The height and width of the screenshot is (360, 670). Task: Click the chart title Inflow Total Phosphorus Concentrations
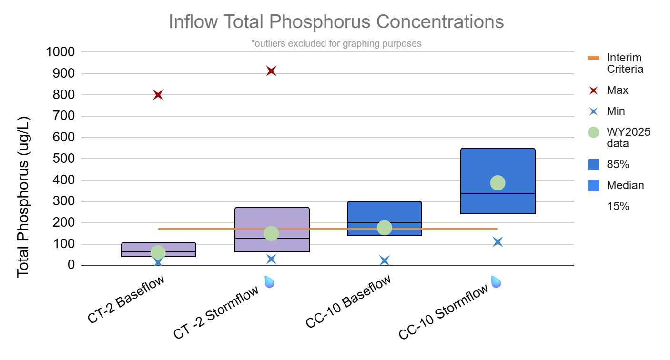[336, 22]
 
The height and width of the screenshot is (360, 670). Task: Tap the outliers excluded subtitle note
[336, 43]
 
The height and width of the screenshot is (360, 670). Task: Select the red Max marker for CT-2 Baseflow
[158, 95]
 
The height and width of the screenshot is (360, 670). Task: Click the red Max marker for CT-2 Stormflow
[272, 71]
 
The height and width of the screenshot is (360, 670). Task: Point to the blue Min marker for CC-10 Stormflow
[498, 242]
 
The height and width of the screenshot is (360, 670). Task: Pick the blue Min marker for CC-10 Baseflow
[385, 260]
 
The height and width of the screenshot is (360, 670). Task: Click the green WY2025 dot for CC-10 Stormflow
[497, 182]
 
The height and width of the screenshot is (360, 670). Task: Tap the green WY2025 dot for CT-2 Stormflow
[271, 233]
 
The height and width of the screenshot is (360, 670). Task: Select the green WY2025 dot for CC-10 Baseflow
[385, 228]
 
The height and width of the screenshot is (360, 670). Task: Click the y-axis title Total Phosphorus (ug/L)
[23, 196]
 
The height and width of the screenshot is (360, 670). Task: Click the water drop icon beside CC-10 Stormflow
[496, 282]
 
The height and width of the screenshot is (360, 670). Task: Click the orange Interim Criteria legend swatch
[593, 58]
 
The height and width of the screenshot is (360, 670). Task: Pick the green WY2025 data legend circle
[593, 132]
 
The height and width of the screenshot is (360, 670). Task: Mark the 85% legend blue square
[593, 165]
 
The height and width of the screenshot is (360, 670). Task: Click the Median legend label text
[625, 185]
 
